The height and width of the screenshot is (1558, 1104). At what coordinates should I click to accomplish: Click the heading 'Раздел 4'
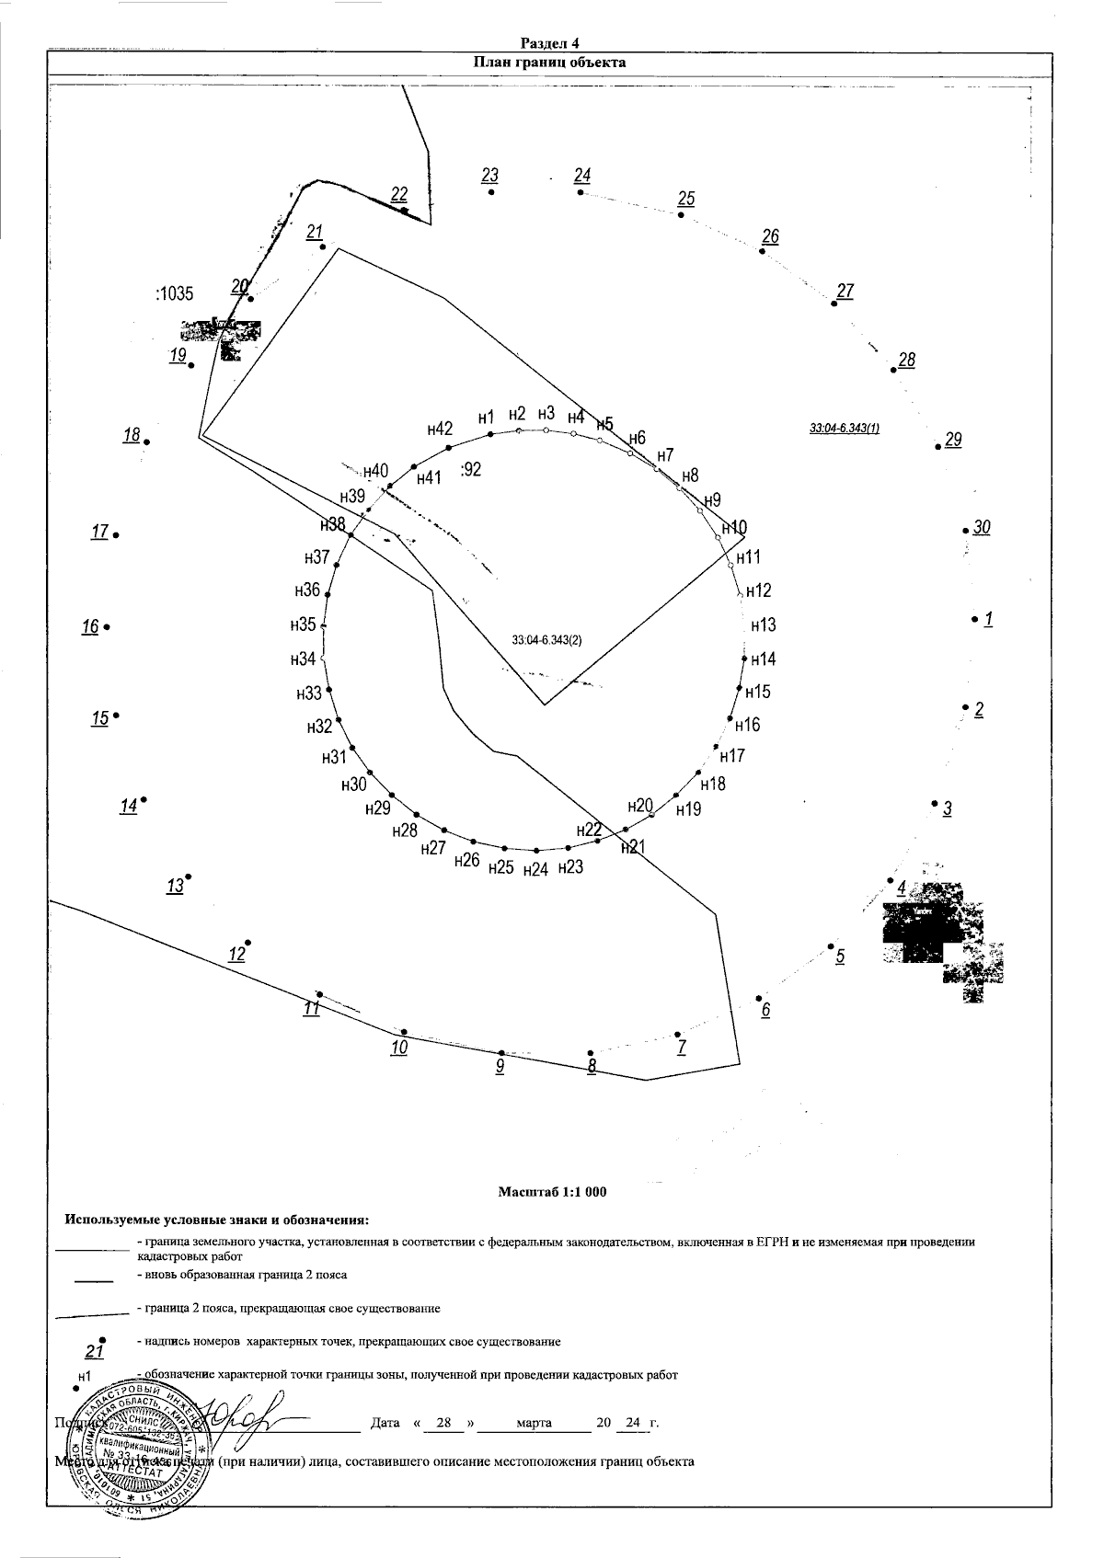coord(549,43)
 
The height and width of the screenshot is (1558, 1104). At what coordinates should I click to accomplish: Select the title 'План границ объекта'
coord(549,63)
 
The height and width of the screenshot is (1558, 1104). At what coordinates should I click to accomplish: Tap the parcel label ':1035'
coord(174,294)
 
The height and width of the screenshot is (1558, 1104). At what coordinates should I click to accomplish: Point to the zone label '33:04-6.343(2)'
coord(547,641)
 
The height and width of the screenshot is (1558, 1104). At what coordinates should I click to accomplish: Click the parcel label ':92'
coord(470,469)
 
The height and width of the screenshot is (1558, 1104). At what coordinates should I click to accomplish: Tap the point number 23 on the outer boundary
coord(489,176)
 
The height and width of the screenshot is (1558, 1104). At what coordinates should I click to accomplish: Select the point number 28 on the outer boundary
coord(906,360)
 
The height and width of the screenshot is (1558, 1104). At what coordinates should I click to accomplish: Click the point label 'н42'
coord(440,429)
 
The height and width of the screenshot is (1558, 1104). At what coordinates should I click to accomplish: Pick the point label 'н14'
coord(763,659)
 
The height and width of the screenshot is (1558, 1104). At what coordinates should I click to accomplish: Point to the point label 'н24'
coord(535,870)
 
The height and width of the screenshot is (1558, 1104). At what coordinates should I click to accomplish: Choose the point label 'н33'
coord(309,693)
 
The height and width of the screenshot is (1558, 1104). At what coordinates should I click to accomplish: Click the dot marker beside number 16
coord(107,627)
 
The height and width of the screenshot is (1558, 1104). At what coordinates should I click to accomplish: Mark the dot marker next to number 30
coord(965,531)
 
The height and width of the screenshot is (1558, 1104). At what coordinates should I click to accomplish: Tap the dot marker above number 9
coord(501,1052)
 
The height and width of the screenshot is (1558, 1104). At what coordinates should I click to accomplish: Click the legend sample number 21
coord(94,1352)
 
